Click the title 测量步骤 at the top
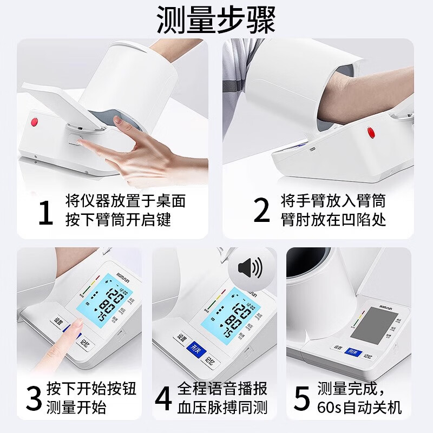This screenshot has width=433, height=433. coord(216,21)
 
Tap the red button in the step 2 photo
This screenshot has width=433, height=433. coord(371,132)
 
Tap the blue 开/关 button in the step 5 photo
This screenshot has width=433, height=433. coord(353,352)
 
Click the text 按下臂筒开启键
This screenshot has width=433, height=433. coord(118,220)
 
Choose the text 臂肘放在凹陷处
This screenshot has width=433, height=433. coord(333,220)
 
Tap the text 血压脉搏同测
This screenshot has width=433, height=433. coord(222,407)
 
